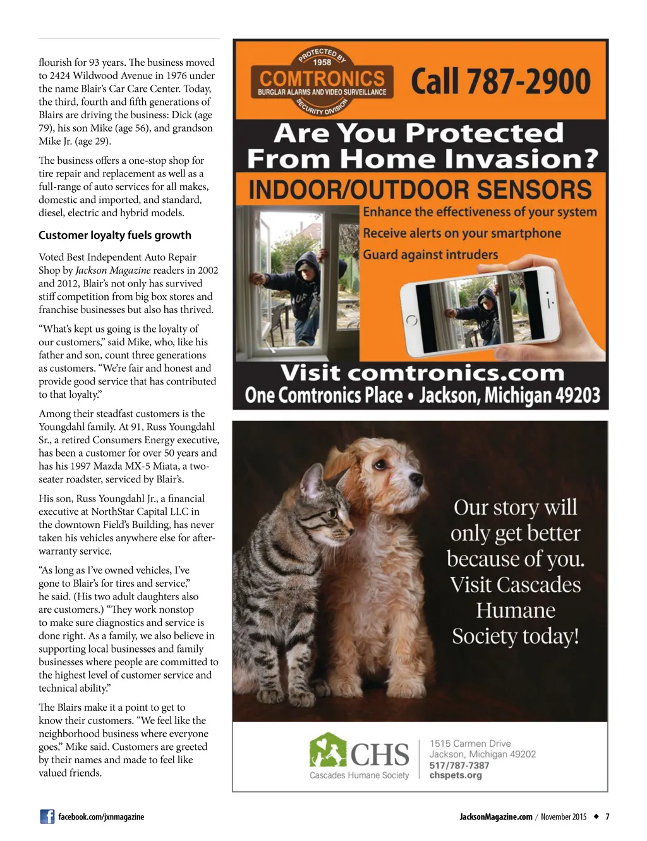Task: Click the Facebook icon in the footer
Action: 47,816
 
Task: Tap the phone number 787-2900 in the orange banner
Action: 500,82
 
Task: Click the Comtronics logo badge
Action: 322,83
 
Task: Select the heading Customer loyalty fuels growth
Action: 115,235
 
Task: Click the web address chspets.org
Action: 456,775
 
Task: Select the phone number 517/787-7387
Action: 459,765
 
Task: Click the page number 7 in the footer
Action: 607,817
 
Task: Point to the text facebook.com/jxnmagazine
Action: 101,817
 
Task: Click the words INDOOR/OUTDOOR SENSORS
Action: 420,190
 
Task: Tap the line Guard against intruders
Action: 430,255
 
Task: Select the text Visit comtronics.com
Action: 422,373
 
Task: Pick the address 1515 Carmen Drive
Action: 470,744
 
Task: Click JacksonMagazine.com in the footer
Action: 496,817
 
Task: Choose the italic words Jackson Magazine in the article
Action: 113,270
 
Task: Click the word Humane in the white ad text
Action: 516,611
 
